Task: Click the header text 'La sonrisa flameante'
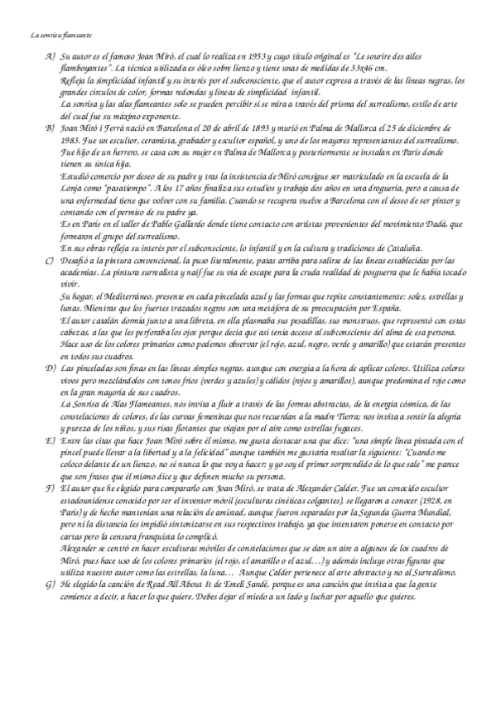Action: (x=60, y=35)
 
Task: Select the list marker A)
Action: (x=51, y=55)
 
